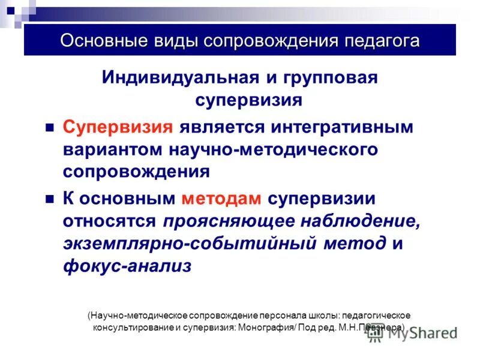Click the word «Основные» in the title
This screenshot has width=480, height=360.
pos(99,41)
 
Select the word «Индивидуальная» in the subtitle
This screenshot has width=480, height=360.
pos(179,77)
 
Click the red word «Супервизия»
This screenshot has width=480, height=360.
pos(119,127)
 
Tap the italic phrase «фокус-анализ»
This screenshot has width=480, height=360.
pos(127,266)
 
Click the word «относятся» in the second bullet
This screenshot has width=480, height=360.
pos(110,221)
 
